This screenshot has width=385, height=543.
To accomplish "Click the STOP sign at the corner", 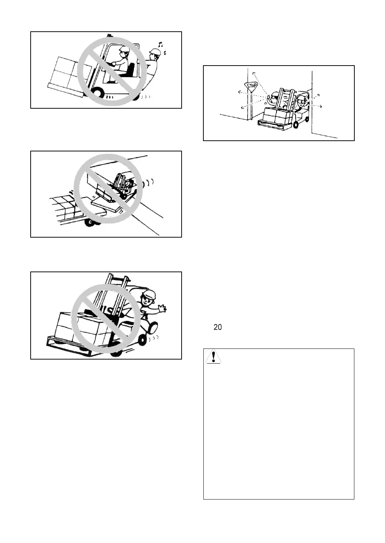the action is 252,86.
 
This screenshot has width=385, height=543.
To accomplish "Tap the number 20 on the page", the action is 217,327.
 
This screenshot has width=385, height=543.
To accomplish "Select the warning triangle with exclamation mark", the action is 213,357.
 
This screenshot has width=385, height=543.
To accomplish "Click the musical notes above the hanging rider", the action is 162,47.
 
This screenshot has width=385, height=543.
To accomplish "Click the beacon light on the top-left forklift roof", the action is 109,36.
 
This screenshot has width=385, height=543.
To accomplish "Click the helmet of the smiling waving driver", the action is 149,294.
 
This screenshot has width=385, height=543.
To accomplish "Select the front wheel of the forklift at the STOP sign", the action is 296,125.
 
